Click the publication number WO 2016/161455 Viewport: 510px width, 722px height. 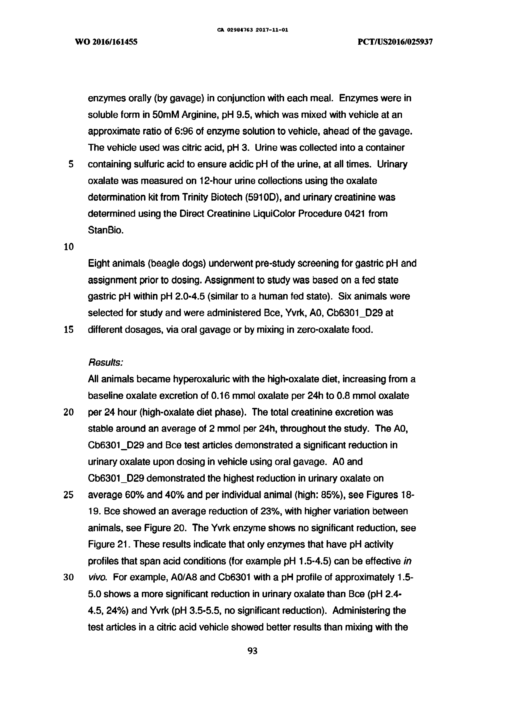[106, 42]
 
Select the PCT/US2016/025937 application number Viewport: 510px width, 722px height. [395, 42]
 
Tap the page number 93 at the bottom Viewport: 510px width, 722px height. [253, 651]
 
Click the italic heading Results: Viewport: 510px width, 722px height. [105, 363]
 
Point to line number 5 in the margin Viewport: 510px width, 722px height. [71, 164]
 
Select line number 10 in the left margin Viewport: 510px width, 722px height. [69, 247]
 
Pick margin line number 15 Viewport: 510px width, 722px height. [69, 330]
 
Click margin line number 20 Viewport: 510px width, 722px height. [69, 412]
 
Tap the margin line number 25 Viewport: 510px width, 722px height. [69, 495]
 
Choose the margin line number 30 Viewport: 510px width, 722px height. [69, 578]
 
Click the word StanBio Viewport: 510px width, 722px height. [106, 230]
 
